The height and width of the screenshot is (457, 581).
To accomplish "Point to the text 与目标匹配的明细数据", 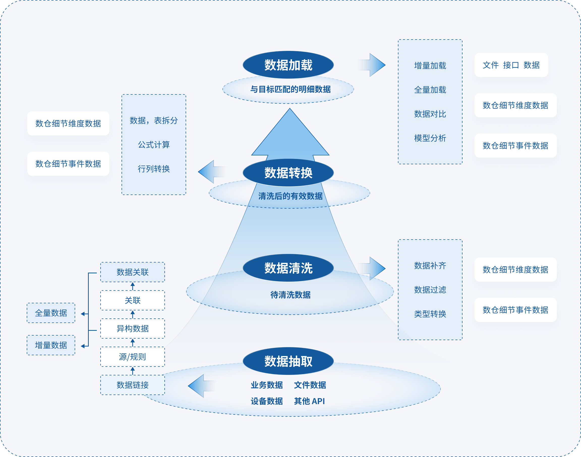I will coord(290,89).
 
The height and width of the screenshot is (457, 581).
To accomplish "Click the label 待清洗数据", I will coord(290,295).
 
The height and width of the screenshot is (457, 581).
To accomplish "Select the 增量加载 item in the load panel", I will coord(430,66).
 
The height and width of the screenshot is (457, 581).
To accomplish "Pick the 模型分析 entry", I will coord(430,138).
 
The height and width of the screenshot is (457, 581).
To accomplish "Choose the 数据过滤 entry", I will coord(430,289).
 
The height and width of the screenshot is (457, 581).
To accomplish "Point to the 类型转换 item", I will coord(430,314).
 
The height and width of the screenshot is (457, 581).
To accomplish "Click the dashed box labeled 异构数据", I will coord(133,329).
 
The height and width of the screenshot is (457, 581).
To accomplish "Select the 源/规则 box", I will coord(133,357).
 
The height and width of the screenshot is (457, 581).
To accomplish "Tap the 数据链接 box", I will coord(133,385).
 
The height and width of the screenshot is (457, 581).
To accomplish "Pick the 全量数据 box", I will coord(51,313).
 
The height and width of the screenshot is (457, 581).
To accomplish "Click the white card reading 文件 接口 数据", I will coord(511,65).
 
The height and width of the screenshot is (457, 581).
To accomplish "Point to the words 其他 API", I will coord(309,401).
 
